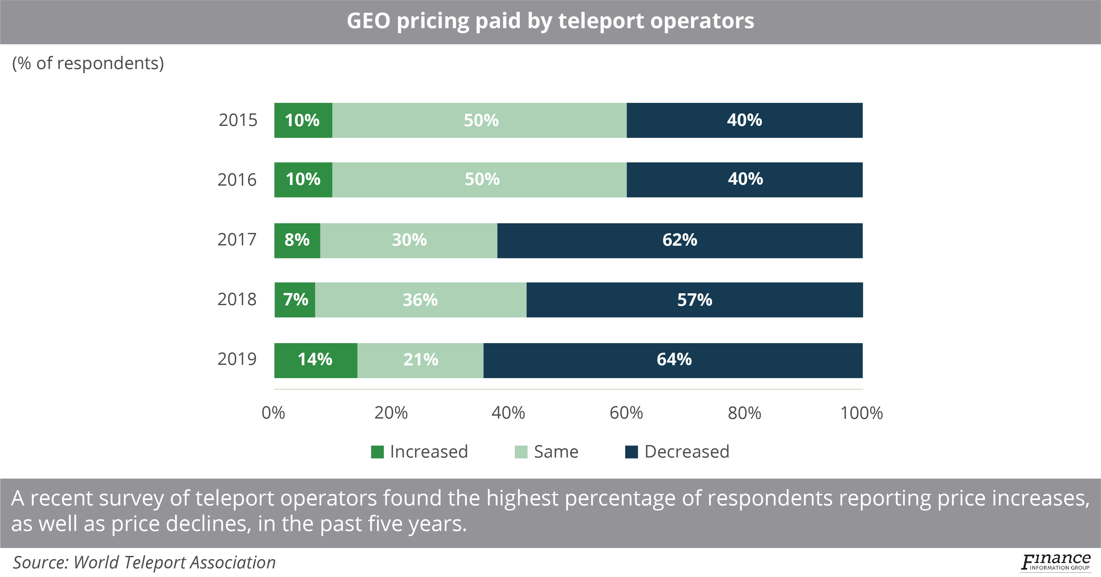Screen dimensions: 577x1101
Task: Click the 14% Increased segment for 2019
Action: [x=315, y=360]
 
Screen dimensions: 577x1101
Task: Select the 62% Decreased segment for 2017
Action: [x=679, y=240]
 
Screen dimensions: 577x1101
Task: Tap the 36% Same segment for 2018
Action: [x=421, y=300]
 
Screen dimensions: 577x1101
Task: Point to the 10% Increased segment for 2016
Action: [x=303, y=180]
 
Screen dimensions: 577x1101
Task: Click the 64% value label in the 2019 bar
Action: [x=674, y=359]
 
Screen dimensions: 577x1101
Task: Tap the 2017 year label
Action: [x=237, y=240]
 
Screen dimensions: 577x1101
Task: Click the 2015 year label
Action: [x=238, y=120]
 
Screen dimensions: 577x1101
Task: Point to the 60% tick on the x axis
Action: [x=626, y=413]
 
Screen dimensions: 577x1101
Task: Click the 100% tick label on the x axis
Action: [x=861, y=413]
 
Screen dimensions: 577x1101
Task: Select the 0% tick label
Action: [x=273, y=413]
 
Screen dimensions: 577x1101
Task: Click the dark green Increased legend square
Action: [x=377, y=452]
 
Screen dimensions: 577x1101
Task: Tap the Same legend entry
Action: [x=556, y=452]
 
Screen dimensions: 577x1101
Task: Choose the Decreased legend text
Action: [x=686, y=452]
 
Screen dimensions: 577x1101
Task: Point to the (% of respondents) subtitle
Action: [x=88, y=63]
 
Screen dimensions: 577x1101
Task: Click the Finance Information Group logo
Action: [x=1056, y=562]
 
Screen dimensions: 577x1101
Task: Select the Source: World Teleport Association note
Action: [x=144, y=563]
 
